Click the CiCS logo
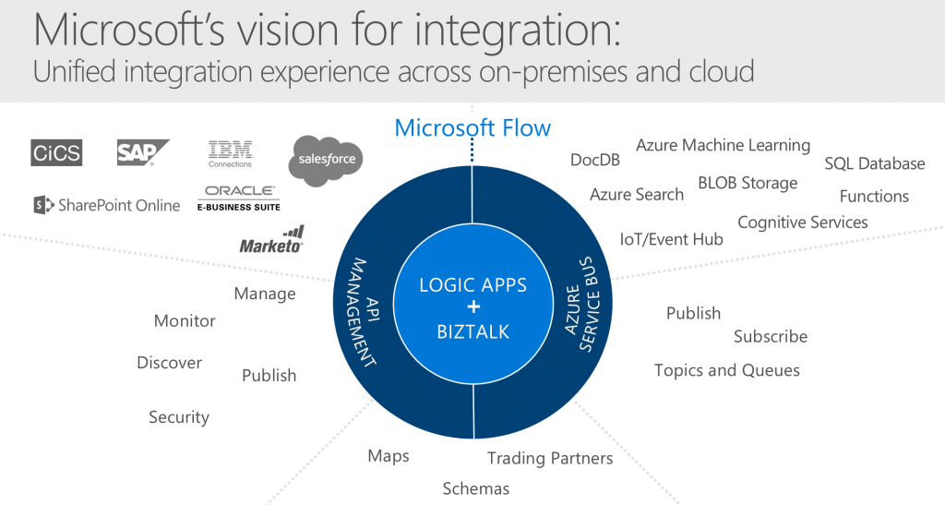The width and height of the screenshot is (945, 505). point(56,152)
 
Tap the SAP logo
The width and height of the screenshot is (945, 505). point(142,152)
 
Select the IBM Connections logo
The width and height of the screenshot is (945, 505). point(230,154)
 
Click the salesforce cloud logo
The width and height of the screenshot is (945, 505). point(326,160)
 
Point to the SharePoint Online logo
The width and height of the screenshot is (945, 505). point(107,206)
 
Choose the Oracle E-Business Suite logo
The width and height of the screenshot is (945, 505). point(239,198)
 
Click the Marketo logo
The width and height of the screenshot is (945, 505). point(272,239)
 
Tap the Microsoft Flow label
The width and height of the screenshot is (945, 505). point(472,127)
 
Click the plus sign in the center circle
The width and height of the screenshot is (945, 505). point(473,307)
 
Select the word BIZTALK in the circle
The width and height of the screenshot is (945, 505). point(473,331)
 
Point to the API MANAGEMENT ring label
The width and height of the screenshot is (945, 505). point(364,312)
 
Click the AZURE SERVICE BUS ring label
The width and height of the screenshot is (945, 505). point(582,304)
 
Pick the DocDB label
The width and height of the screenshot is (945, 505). point(595,160)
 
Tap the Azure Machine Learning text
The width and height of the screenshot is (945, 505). point(724,146)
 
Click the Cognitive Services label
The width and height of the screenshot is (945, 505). point(803,222)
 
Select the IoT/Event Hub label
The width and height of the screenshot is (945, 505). point(672,239)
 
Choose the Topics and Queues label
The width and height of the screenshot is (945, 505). point(727,370)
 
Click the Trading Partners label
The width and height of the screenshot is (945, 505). point(550,459)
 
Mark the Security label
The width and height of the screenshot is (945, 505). point(179,417)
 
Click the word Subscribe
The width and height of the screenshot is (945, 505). point(771,336)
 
